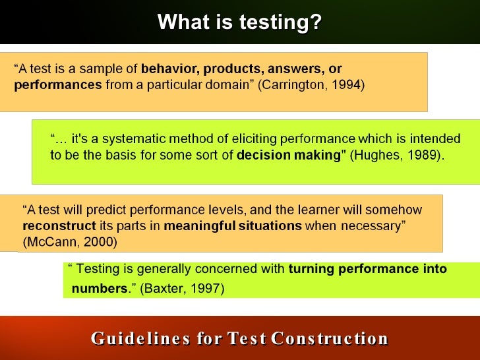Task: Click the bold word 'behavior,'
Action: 170,69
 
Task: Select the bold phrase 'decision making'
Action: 289,156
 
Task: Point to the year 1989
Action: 422,156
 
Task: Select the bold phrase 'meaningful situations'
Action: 233,226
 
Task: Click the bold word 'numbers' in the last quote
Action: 99,288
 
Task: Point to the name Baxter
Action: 162,288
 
